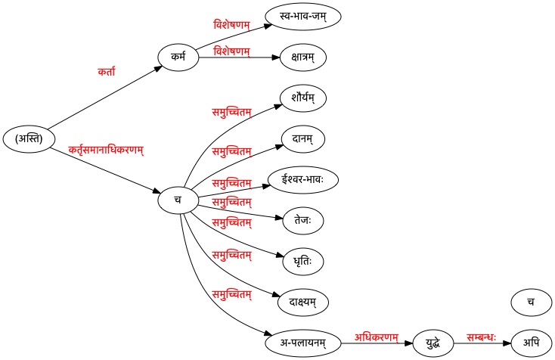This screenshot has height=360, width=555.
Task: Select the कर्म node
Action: [178, 57]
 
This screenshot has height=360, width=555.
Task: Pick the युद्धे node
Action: [433, 343]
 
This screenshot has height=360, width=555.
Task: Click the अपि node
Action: [531, 343]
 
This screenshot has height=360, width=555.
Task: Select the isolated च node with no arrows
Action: [531, 303]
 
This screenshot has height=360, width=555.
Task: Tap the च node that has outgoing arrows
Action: [178, 200]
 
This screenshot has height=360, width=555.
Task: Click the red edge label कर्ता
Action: [106, 72]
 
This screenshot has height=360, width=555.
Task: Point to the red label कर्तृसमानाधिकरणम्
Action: [106, 149]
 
